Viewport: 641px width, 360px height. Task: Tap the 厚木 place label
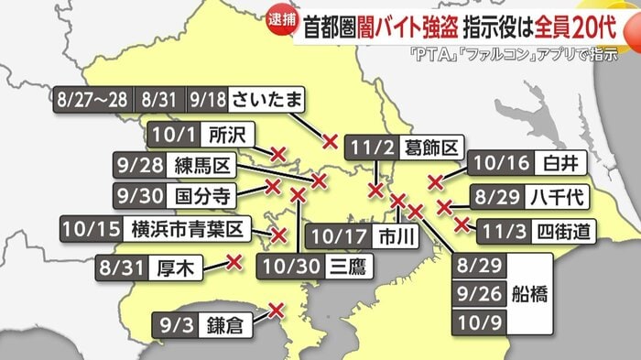coord(177,269)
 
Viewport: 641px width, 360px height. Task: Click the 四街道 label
coord(560,227)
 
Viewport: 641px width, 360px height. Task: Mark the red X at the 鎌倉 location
coord(275,310)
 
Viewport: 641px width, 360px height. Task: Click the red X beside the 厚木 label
coord(234,262)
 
